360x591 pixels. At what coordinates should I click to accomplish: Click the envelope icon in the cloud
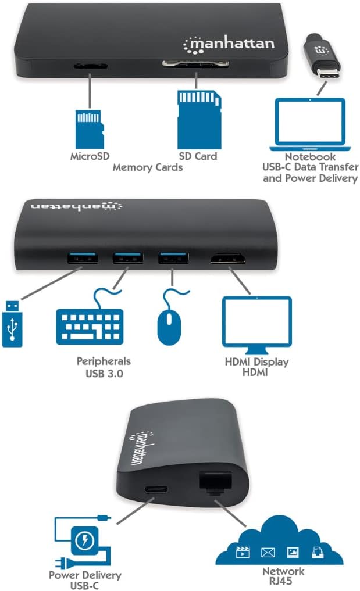268,553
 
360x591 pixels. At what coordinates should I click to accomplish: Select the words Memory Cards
147,167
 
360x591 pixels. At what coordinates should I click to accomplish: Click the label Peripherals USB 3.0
104,367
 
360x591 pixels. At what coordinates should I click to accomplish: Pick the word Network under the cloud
283,572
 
